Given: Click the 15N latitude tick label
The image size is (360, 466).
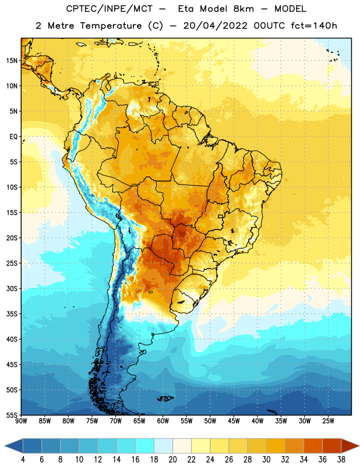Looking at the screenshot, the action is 12,61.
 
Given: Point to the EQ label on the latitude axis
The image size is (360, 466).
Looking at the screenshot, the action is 13,137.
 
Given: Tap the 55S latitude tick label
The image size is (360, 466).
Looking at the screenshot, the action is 12,415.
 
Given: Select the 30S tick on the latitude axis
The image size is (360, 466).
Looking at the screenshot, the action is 12,288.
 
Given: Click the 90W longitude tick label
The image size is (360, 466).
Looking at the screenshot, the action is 21,421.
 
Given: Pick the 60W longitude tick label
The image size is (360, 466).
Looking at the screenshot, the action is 163,421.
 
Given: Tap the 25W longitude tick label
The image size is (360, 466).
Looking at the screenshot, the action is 328,421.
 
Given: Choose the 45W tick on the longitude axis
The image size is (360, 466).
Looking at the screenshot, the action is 234,421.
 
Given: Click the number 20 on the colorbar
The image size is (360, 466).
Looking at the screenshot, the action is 172,460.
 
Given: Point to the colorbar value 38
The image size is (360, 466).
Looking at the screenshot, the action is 341,460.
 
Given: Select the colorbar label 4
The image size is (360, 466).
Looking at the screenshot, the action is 23,460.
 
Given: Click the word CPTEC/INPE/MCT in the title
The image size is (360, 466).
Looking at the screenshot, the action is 109,9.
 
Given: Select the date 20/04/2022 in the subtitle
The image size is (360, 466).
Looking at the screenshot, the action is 215,26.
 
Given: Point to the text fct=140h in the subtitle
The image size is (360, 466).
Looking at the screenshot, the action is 314,26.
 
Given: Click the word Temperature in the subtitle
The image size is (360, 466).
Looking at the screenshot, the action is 111,26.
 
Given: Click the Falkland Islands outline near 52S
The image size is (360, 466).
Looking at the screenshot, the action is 165,398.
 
